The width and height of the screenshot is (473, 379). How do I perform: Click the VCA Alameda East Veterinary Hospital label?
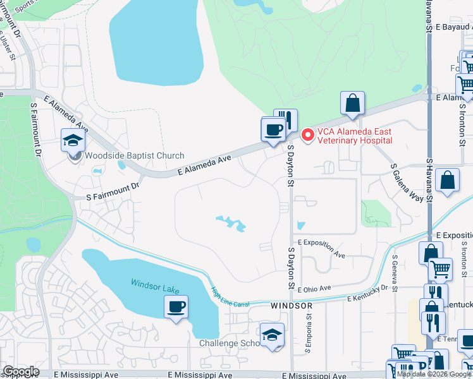point(355,136)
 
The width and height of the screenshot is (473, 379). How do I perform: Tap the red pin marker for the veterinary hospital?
point(308,135)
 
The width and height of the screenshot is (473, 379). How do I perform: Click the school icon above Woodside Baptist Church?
point(73,140)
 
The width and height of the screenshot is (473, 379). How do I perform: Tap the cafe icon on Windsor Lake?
point(175,308)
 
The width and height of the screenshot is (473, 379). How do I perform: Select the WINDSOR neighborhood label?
point(292,306)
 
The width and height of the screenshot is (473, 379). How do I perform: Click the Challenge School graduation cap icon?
point(273,335)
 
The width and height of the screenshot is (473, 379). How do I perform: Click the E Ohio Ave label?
point(314,288)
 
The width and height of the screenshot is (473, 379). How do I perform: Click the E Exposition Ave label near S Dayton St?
point(321,248)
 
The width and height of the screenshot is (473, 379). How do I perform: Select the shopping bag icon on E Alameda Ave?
point(352,104)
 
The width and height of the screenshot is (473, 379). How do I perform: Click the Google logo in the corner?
point(20,371)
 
